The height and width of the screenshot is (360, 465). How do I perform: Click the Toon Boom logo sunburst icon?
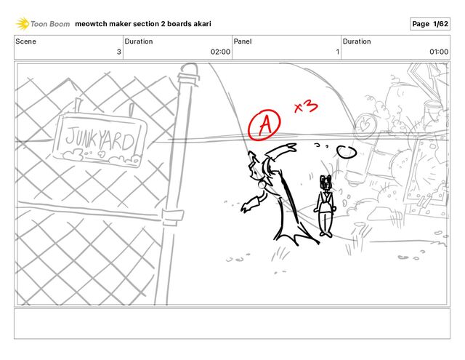click(x=23, y=24)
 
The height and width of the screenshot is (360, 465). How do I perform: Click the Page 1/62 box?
click(x=430, y=24)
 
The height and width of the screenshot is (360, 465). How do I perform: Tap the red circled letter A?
click(x=264, y=125)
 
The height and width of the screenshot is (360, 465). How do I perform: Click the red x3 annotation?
click(x=306, y=107)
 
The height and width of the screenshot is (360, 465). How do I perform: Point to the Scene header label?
click(x=26, y=41)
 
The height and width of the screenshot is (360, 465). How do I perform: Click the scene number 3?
click(x=119, y=52)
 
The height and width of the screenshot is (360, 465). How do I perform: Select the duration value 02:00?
click(x=220, y=52)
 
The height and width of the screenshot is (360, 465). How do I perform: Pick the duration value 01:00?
click(x=439, y=52)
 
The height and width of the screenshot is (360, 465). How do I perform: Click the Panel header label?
click(x=243, y=41)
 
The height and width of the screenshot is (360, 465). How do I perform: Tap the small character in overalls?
click(x=325, y=206)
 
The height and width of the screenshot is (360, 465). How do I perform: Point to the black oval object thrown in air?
click(x=347, y=152)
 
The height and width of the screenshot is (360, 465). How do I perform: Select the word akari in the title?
click(x=202, y=24)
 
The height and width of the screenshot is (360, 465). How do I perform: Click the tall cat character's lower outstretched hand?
click(x=247, y=207)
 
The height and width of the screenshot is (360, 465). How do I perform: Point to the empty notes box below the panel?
click(x=232, y=324)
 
